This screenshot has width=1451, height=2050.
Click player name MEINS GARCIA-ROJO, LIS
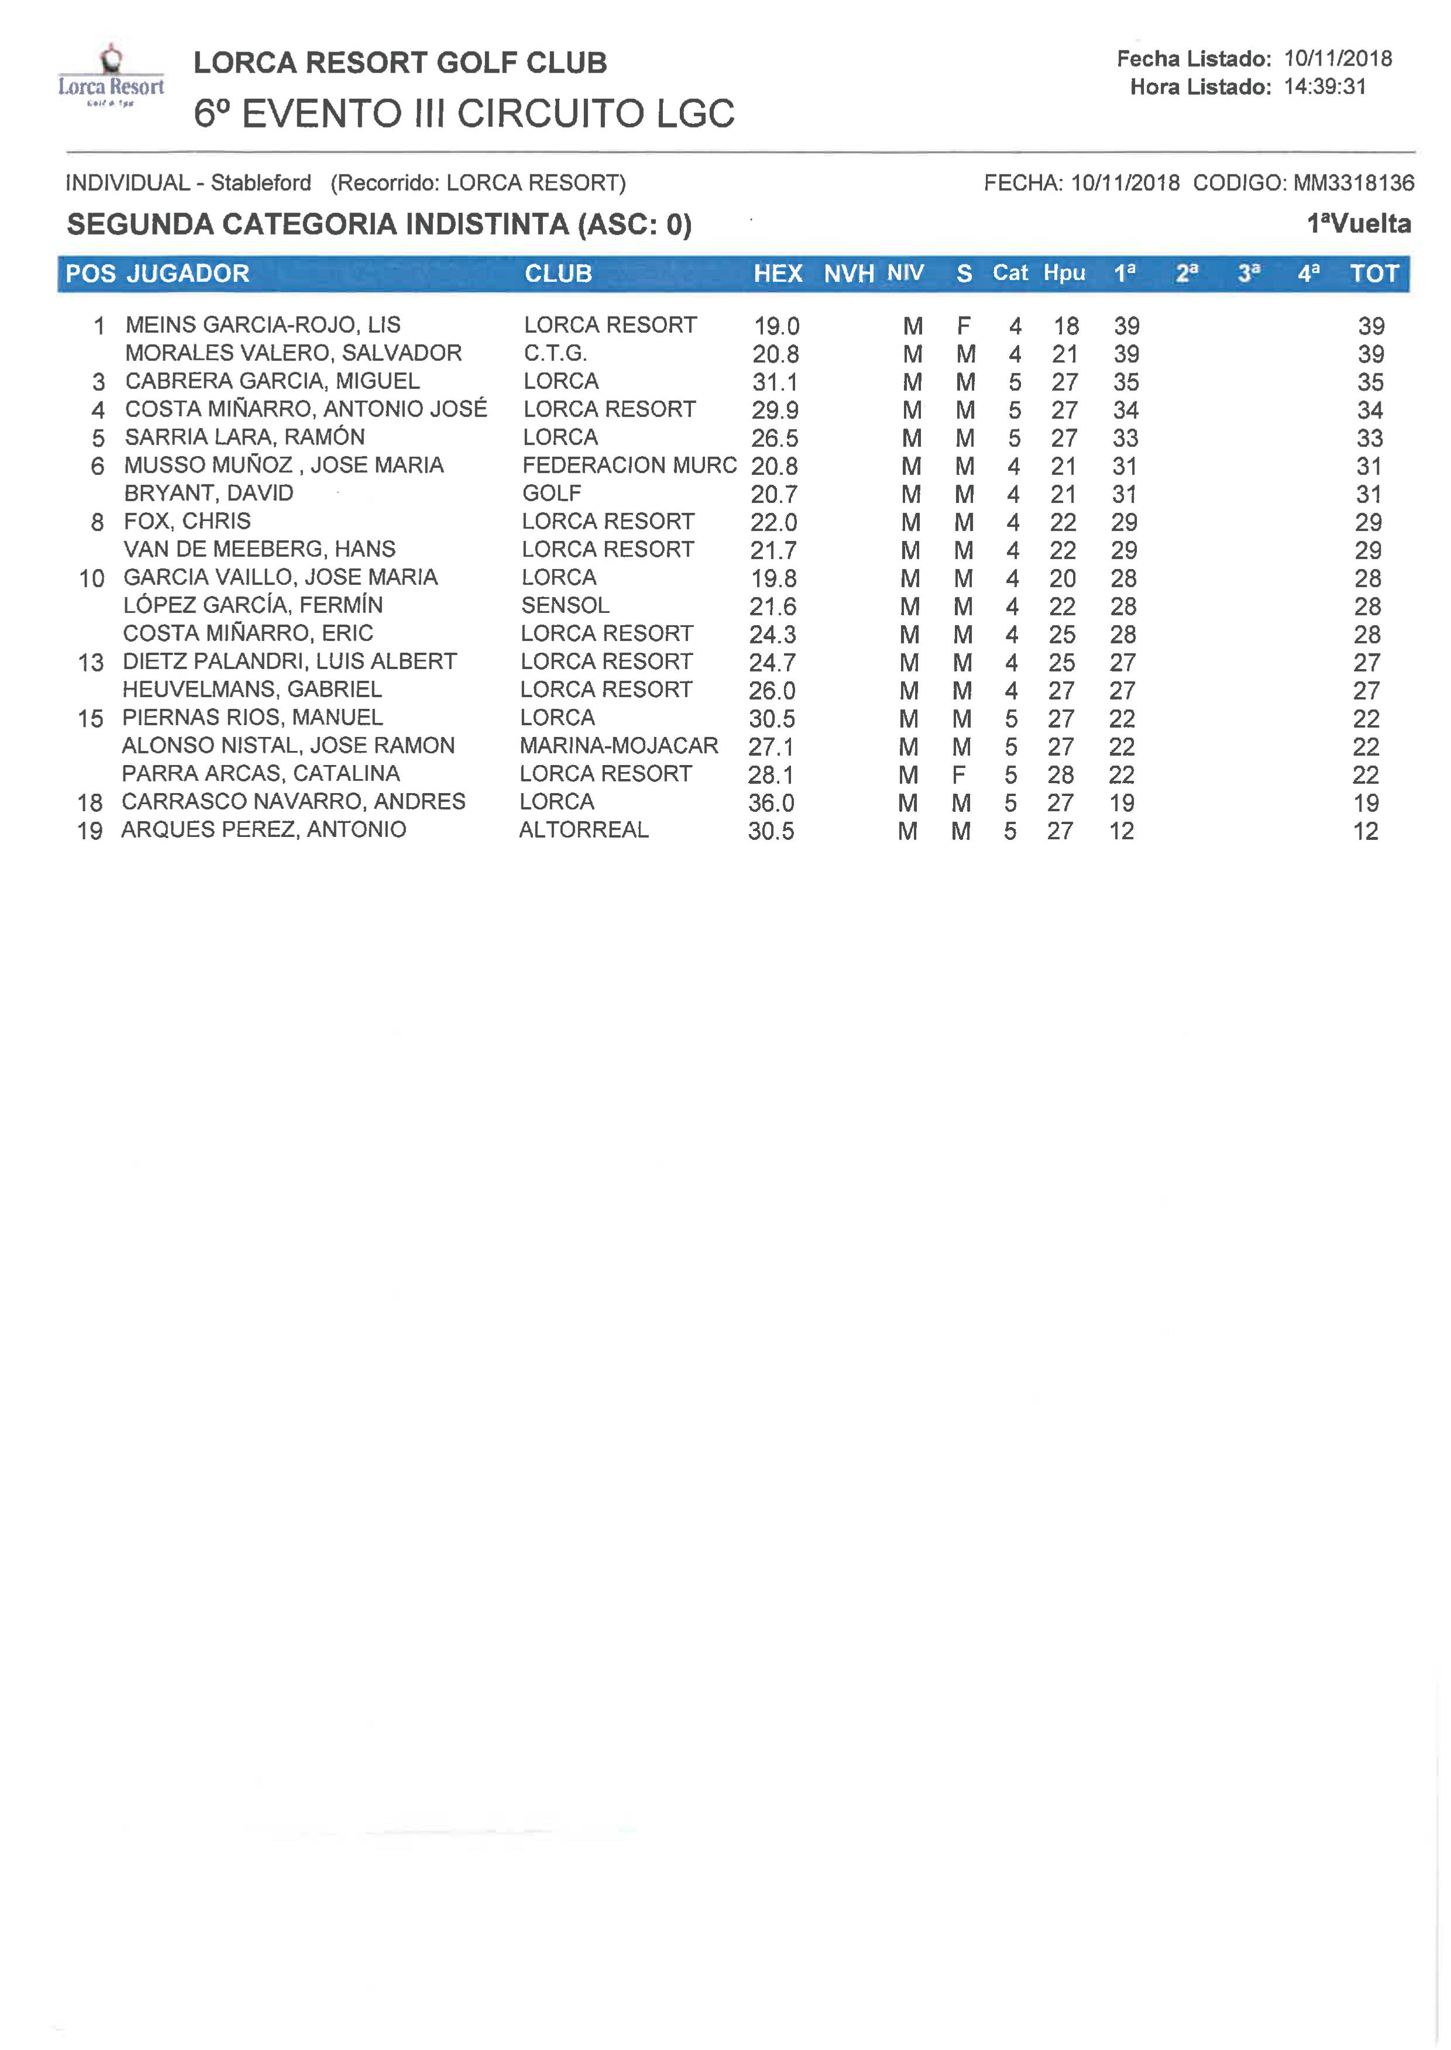pyautogui.click(x=263, y=325)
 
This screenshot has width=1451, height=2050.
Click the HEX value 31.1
pyautogui.click(x=775, y=383)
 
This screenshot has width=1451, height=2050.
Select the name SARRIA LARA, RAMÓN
pyautogui.click(x=245, y=437)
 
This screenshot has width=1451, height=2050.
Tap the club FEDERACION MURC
pyautogui.click(x=629, y=466)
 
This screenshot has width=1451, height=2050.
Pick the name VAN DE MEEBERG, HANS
pyautogui.click(x=259, y=549)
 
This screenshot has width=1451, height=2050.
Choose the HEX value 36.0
pyautogui.click(x=771, y=803)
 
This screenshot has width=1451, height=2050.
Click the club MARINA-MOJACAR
pyautogui.click(x=618, y=746)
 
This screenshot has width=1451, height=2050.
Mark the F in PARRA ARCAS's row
pyautogui.click(x=959, y=774)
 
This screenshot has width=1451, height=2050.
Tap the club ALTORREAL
pyautogui.click(x=583, y=830)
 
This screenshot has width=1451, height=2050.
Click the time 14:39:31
pyautogui.click(x=1325, y=87)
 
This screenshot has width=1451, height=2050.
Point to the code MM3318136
pyautogui.click(x=1354, y=183)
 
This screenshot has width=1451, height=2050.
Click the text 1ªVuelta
pyautogui.click(x=1358, y=224)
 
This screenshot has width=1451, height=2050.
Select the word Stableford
pyautogui.click(x=261, y=183)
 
